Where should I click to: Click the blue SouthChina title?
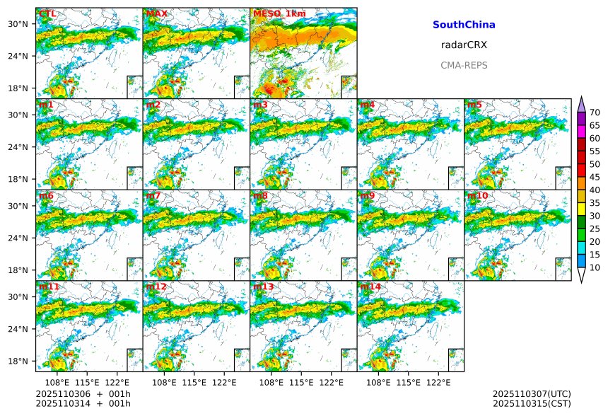coord(464,25)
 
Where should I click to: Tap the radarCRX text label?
coord(464,45)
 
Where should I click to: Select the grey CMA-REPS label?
coord(464,65)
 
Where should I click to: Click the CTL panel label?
coord(47,14)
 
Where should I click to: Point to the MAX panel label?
coord(157,14)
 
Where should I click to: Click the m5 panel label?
coord(474,105)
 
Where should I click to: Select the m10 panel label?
coord(477,196)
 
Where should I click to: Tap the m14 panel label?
coord(370,287)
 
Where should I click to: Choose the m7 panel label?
coord(153,196)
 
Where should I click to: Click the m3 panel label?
coord(260,105)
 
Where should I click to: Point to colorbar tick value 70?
coord(595,112)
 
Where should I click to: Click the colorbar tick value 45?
coord(595,177)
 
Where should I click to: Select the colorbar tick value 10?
coord(595,267)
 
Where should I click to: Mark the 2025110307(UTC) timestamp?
coord(532,393)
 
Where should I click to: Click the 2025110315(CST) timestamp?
coord(532,403)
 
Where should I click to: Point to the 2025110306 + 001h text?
coord(78,393)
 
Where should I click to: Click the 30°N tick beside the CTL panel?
coord(21,24)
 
